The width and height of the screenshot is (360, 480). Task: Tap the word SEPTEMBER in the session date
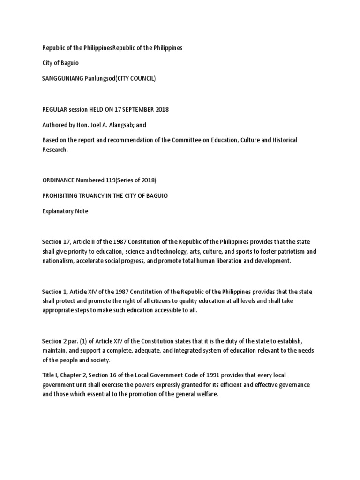(135, 110)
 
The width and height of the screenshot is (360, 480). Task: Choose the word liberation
(213, 261)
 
